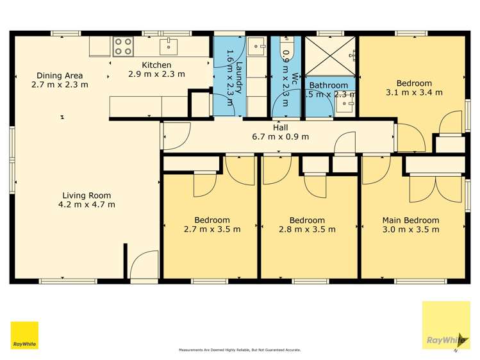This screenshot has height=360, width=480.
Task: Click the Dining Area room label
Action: tap(60, 76)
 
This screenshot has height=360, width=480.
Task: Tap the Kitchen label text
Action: tap(156, 65)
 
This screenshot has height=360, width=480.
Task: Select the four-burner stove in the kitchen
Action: tap(122, 46)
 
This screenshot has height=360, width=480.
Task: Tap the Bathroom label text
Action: tap(329, 85)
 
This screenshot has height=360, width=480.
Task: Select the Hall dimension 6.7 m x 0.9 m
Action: tap(281, 136)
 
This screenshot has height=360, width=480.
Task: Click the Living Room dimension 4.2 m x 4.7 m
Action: tap(87, 205)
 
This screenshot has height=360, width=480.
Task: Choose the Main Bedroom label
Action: tap(411, 220)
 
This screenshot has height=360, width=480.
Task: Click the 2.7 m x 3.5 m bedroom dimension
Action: tap(212, 229)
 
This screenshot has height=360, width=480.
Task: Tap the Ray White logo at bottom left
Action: tap(24, 335)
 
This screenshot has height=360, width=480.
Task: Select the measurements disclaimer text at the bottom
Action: tap(240, 350)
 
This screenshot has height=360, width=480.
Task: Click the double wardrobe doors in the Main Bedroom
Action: tap(436, 189)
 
